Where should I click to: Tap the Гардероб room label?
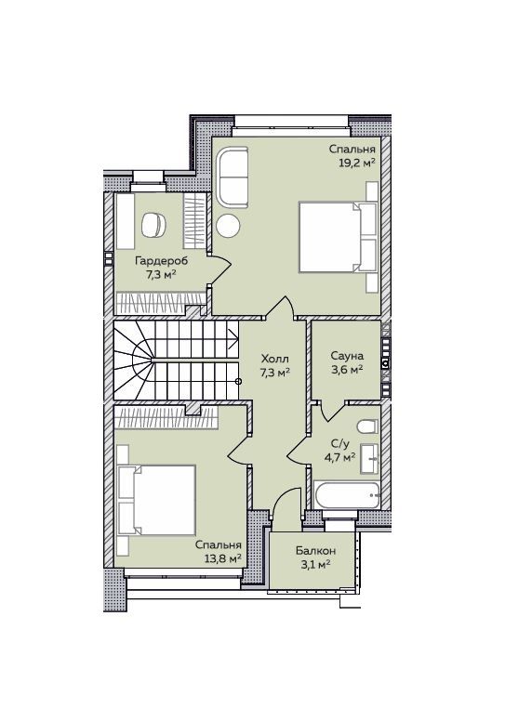[162, 262]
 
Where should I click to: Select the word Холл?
[275, 359]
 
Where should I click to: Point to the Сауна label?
[347, 356]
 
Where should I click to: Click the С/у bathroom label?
[340, 444]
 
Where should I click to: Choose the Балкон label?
[316, 551]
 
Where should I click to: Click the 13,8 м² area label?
[223, 558]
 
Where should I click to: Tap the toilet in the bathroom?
[367, 426]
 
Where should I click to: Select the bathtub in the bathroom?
[347, 495]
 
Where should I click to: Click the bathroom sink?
[369, 458]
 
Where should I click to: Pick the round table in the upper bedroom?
[229, 225]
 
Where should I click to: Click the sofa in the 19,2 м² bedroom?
[233, 177]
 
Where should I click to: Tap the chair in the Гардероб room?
[153, 225]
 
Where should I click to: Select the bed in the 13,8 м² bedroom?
[156, 500]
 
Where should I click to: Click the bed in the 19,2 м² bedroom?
[339, 237]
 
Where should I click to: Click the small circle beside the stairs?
[238, 381]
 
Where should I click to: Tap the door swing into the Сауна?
[332, 412]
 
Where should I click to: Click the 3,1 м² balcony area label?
[316, 564]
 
